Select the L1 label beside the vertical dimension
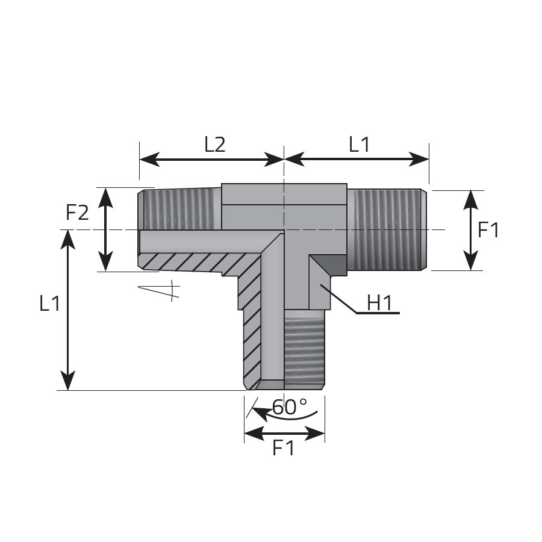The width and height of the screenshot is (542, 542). (50, 304)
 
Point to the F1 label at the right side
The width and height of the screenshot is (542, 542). (488, 230)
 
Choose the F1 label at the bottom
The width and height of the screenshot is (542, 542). (284, 448)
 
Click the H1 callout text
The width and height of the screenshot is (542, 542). (379, 303)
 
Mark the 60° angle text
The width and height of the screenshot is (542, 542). (289, 407)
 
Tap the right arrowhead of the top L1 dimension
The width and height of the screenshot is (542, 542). (419, 159)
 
